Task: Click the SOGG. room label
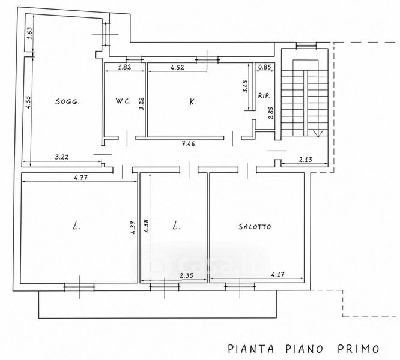point(68,101)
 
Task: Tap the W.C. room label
point(124,101)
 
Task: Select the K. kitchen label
point(193,102)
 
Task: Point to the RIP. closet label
point(264,96)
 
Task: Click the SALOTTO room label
point(255,226)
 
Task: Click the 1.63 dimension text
point(30,33)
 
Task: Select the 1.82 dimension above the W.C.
point(125,67)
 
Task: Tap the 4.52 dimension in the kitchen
point(177,67)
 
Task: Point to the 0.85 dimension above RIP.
point(264,67)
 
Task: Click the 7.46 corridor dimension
point(188,143)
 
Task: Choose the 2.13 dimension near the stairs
point(305,160)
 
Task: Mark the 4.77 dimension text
point(80,178)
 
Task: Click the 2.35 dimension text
point(186,275)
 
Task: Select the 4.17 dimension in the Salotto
point(278,275)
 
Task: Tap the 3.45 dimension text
point(245,86)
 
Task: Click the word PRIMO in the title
point(359,349)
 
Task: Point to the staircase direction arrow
point(318,133)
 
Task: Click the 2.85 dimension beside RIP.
point(271,113)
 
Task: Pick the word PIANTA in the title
point(251,349)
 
